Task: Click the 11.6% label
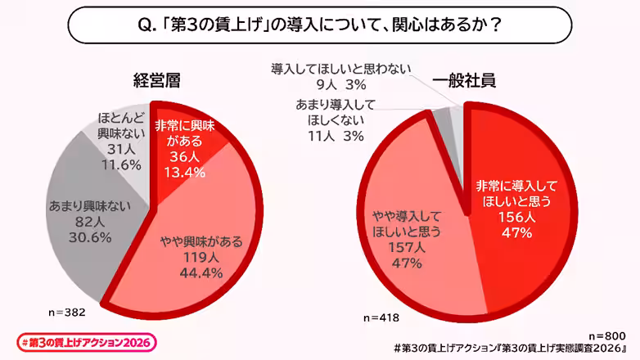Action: click(x=115, y=164)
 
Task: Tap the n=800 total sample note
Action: click(x=607, y=335)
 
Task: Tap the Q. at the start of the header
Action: click(x=143, y=25)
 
